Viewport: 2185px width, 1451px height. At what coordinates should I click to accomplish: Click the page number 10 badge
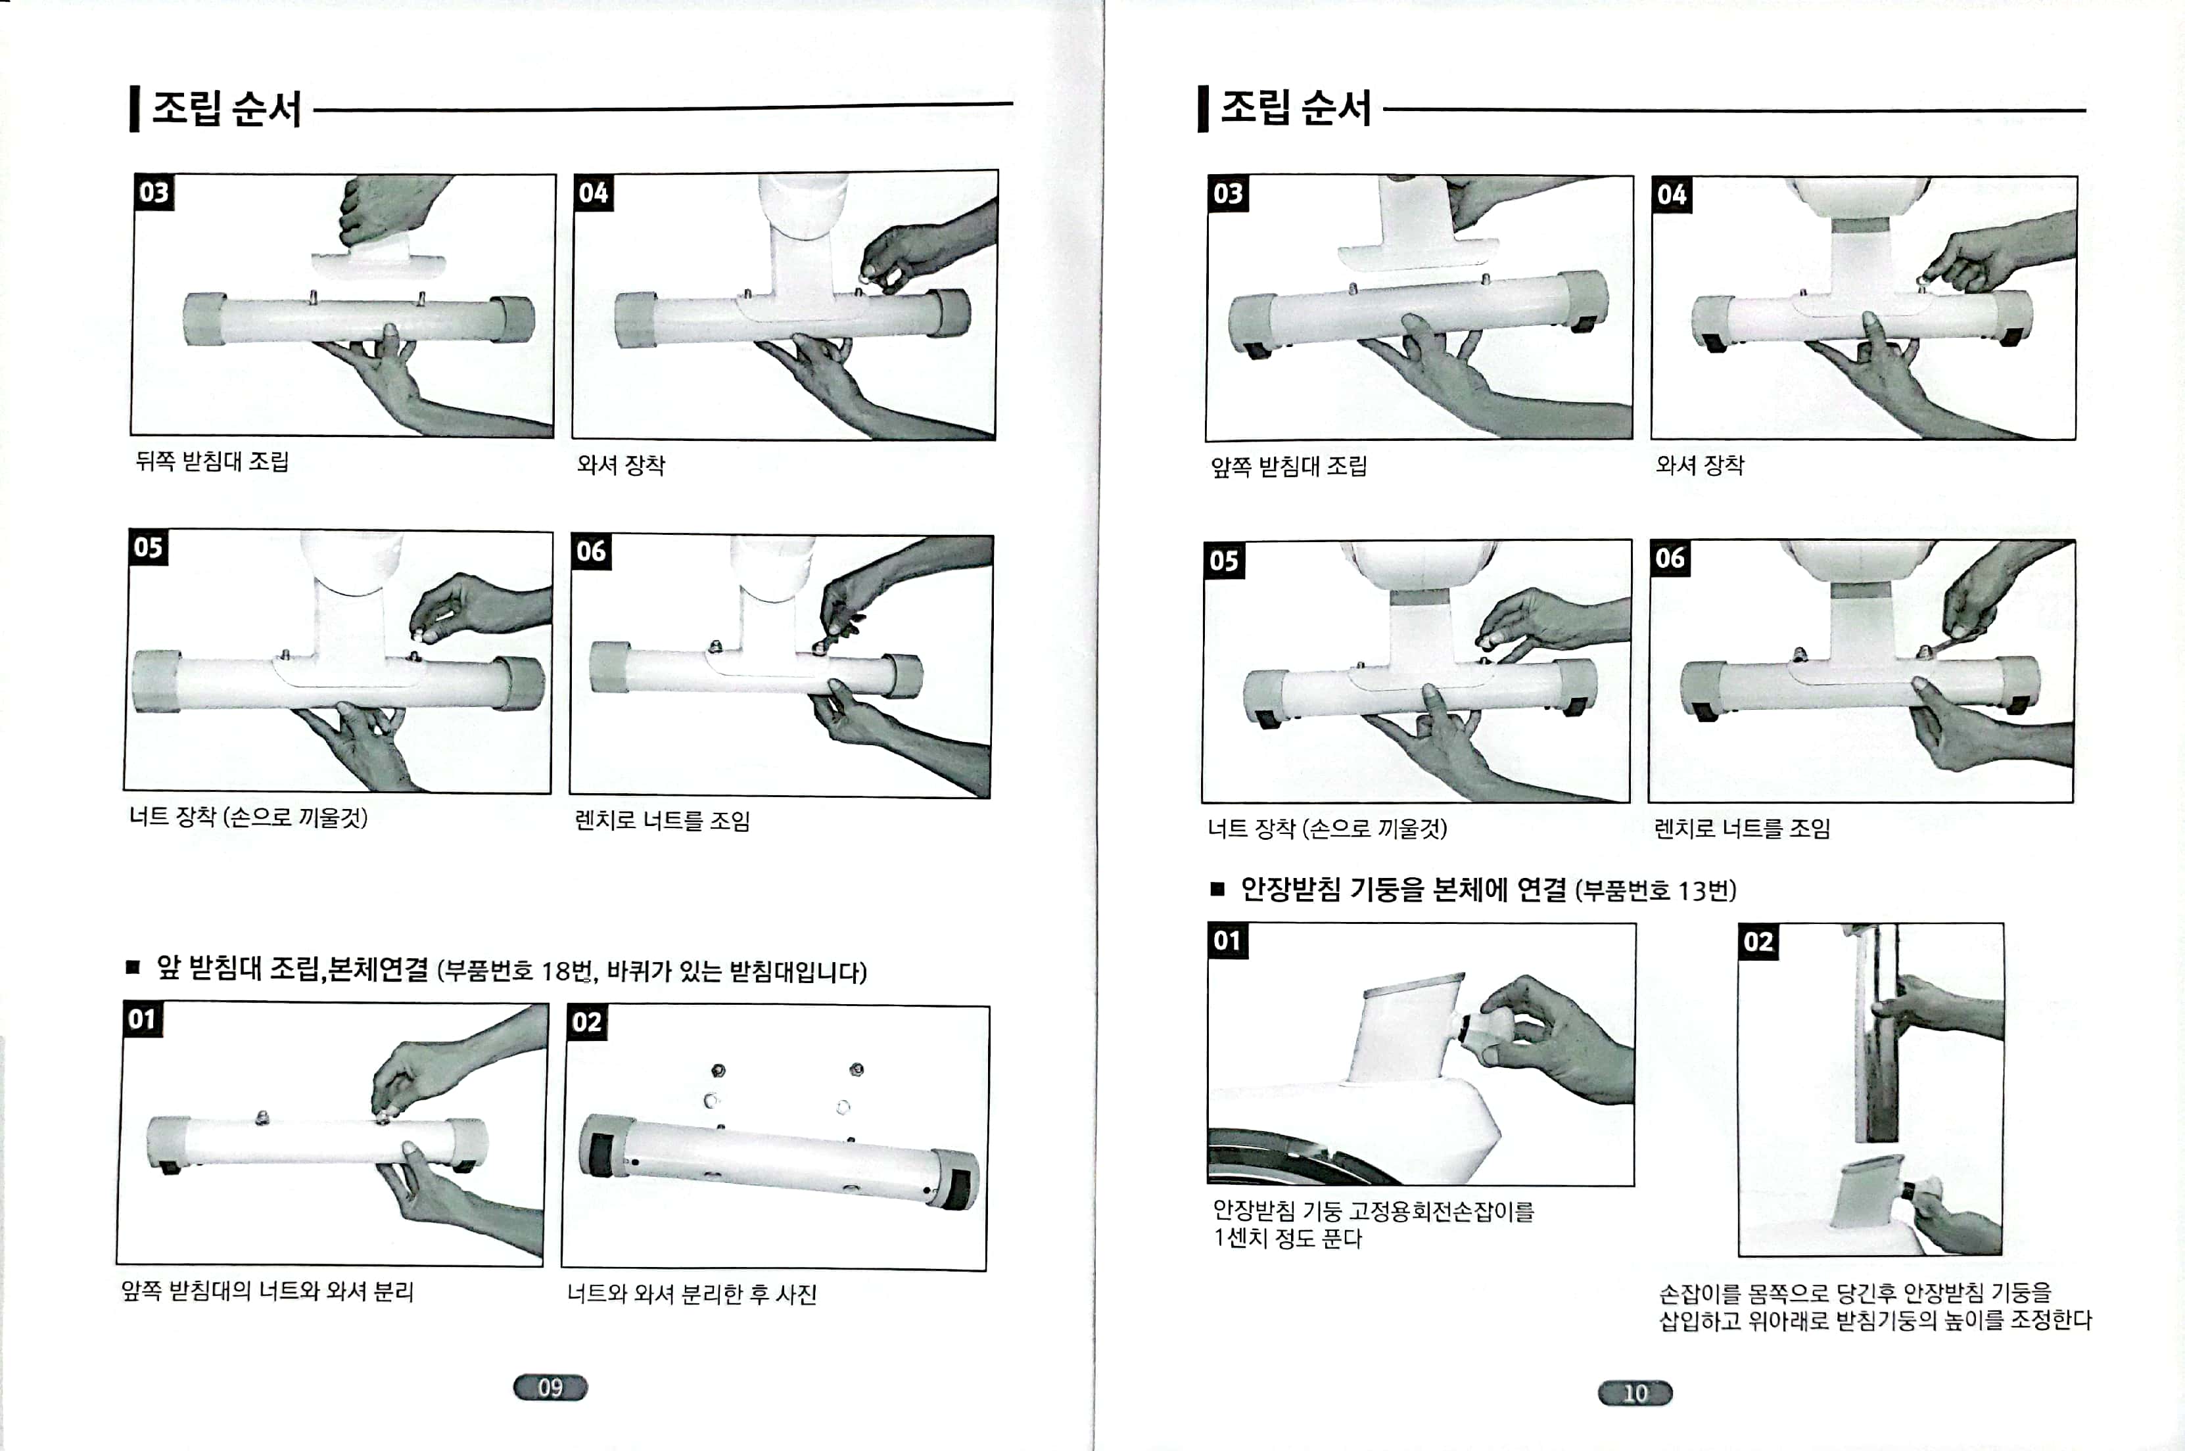pyautogui.click(x=1635, y=1393)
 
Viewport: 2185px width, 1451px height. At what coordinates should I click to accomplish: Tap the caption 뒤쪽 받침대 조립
pyautogui.click(x=212, y=461)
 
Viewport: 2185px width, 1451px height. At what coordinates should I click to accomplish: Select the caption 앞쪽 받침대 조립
pyautogui.click(x=1288, y=465)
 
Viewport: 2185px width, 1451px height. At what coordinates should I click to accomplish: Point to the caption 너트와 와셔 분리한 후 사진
pyautogui.click(x=692, y=1294)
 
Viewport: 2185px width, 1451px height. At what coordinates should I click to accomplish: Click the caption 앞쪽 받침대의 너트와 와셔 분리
pyautogui.click(x=268, y=1291)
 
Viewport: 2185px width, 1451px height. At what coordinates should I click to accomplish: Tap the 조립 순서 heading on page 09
pyautogui.click(x=227, y=108)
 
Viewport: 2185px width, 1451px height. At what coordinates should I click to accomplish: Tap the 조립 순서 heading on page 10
pyautogui.click(x=1296, y=108)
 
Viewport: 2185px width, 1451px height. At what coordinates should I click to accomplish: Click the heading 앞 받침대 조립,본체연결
pyautogui.click(x=291, y=968)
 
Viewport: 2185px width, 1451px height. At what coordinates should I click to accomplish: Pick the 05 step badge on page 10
pyautogui.click(x=1223, y=560)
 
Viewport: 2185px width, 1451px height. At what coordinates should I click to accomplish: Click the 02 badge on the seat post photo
pyautogui.click(x=1758, y=942)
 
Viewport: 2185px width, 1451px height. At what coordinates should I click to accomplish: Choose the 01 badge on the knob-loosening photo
pyautogui.click(x=1227, y=941)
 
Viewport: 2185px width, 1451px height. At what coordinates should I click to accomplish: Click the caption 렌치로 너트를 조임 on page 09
pyautogui.click(x=663, y=821)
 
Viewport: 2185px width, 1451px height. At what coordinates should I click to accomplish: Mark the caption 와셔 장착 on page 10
pyautogui.click(x=1700, y=465)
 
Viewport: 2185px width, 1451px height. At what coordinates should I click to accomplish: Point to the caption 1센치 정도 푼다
pyautogui.click(x=1287, y=1238)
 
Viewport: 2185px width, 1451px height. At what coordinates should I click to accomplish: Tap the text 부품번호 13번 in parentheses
pyautogui.click(x=1656, y=890)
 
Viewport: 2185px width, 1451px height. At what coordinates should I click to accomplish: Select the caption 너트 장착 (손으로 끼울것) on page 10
pyautogui.click(x=1327, y=827)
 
